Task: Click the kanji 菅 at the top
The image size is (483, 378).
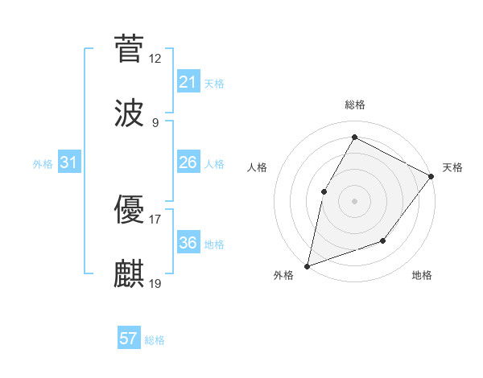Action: tap(130, 48)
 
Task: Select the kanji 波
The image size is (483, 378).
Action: tap(130, 113)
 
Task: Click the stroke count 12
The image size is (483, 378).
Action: tap(155, 59)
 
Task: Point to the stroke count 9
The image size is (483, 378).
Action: tap(155, 123)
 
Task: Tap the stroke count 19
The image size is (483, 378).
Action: tap(155, 284)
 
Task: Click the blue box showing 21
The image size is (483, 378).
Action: tap(188, 82)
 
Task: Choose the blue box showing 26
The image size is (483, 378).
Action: tap(188, 162)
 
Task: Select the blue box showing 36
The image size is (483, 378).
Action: tap(188, 243)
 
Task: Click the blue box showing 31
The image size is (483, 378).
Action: tap(69, 162)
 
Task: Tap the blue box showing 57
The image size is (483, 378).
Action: tap(129, 339)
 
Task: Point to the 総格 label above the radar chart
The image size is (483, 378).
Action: tap(355, 105)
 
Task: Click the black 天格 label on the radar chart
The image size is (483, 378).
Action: tap(452, 167)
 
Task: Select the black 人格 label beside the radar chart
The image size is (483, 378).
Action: tap(258, 167)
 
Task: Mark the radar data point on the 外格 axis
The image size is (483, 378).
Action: tap(307, 265)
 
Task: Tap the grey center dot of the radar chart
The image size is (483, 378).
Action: tap(354, 200)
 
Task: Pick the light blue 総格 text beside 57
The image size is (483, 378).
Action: tap(155, 340)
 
